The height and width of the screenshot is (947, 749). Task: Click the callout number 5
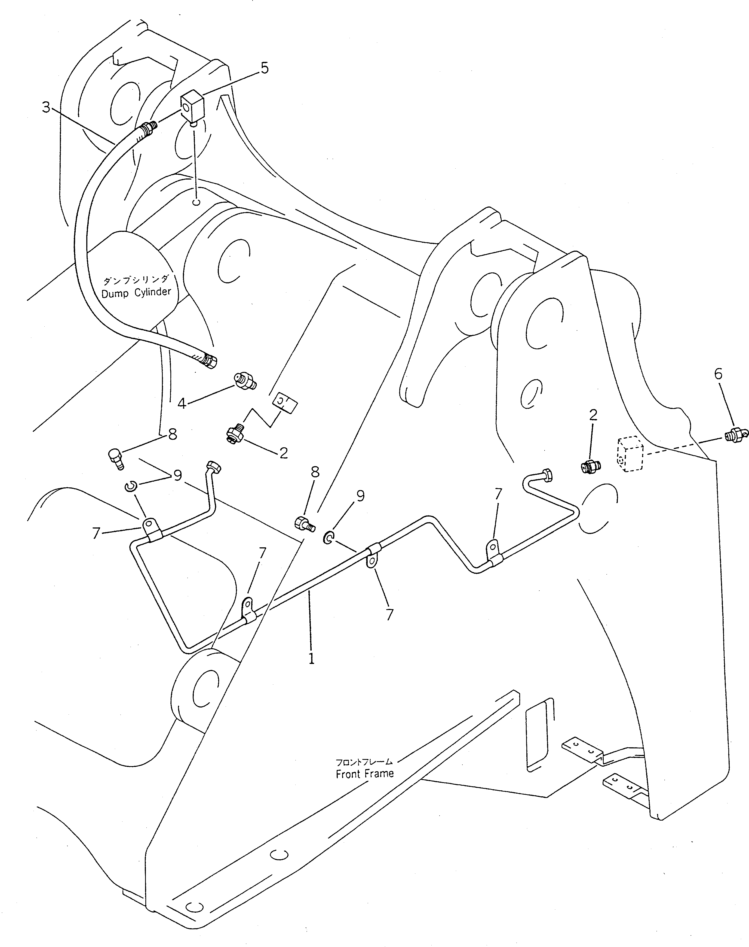click(265, 68)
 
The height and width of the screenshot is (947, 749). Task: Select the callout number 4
click(182, 403)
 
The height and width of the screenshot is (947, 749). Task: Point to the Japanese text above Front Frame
click(364, 762)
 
